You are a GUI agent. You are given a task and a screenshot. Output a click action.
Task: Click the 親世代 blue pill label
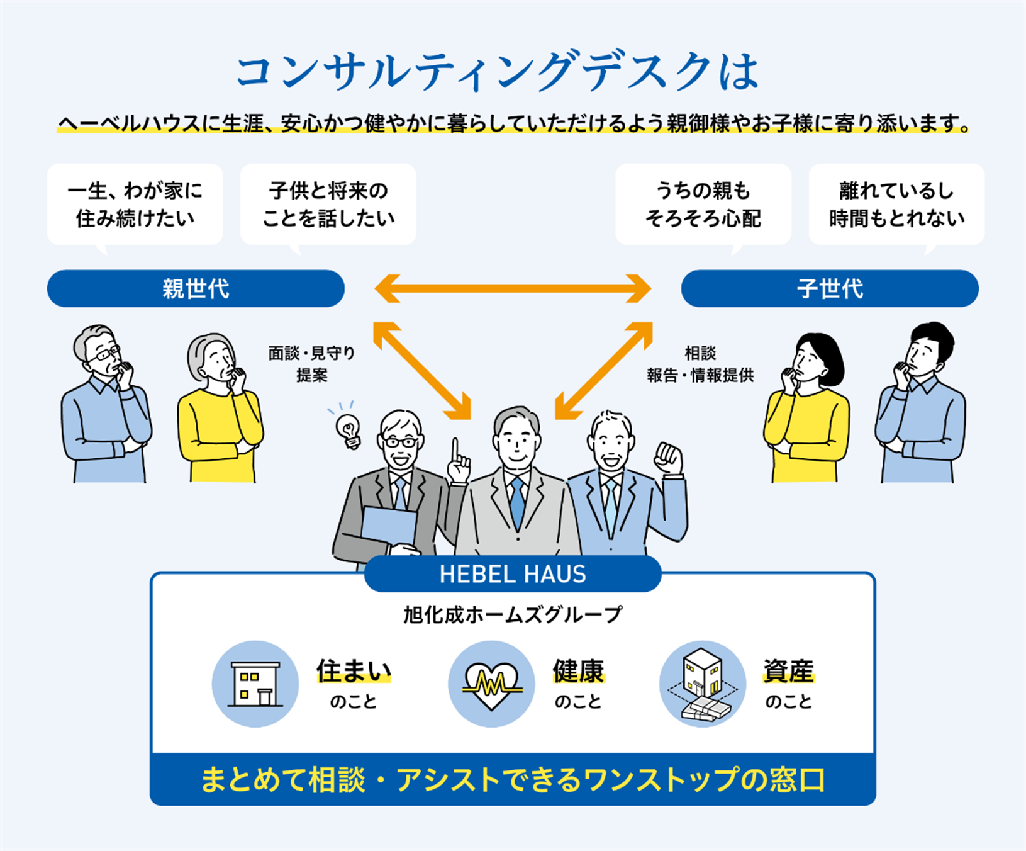click(x=196, y=289)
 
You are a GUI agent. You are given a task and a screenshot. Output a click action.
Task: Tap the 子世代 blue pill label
click(x=829, y=289)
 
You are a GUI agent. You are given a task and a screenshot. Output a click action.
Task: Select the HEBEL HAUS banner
click(x=512, y=574)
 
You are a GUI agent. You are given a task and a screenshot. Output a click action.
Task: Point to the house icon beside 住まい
click(x=255, y=684)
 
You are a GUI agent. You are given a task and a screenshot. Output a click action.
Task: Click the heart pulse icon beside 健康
click(x=491, y=684)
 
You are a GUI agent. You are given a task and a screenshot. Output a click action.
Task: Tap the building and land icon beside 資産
click(x=703, y=684)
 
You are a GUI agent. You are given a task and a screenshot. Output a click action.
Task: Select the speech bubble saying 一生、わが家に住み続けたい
click(x=135, y=205)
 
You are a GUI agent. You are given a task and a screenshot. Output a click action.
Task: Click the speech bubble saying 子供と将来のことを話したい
click(x=328, y=205)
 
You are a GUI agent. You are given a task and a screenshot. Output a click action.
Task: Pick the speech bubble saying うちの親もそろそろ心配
click(x=703, y=205)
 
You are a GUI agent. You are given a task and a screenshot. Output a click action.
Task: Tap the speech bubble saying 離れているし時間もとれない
click(x=896, y=205)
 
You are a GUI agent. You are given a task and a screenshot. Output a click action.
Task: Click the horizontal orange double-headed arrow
click(x=513, y=289)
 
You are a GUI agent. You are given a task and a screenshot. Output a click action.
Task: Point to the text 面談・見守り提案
click(x=311, y=364)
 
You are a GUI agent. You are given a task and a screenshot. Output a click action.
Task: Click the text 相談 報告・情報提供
click(x=700, y=364)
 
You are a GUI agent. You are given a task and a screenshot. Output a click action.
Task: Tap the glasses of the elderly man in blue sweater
click(x=104, y=354)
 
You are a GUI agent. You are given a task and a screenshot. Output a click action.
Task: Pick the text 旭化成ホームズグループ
click(x=513, y=614)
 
